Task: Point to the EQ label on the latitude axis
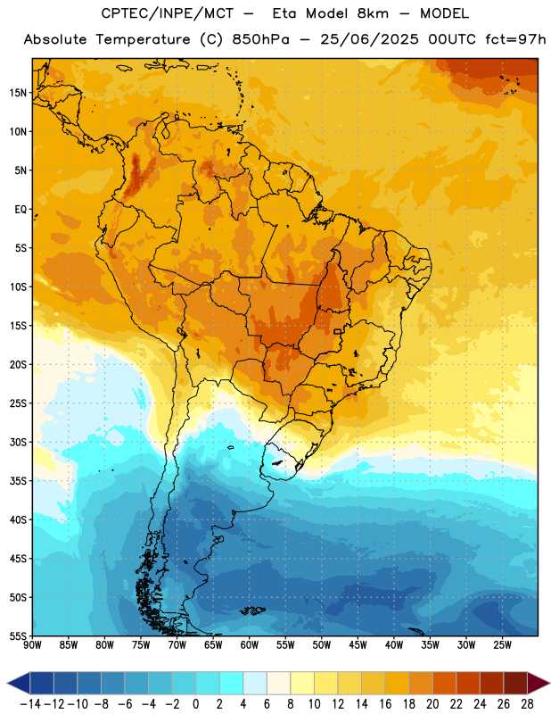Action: tap(21, 210)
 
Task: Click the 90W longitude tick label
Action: tap(32, 645)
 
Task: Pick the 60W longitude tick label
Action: tap(250, 645)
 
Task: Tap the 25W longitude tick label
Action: tap(502, 645)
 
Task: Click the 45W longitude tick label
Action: tap(358, 645)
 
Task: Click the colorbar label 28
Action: tap(527, 704)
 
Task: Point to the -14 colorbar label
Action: tap(30, 704)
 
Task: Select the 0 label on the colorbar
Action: tap(196, 704)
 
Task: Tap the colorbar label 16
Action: tap(385, 704)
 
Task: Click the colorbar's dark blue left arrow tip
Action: tap(7, 683)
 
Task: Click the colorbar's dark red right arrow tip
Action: tap(549, 683)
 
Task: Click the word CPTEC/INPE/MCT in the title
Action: tap(167, 13)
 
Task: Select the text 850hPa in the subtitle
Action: tap(260, 39)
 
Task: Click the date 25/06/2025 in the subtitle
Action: tap(369, 39)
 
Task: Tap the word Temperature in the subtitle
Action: tap(143, 40)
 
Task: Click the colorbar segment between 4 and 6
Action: tap(255, 683)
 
